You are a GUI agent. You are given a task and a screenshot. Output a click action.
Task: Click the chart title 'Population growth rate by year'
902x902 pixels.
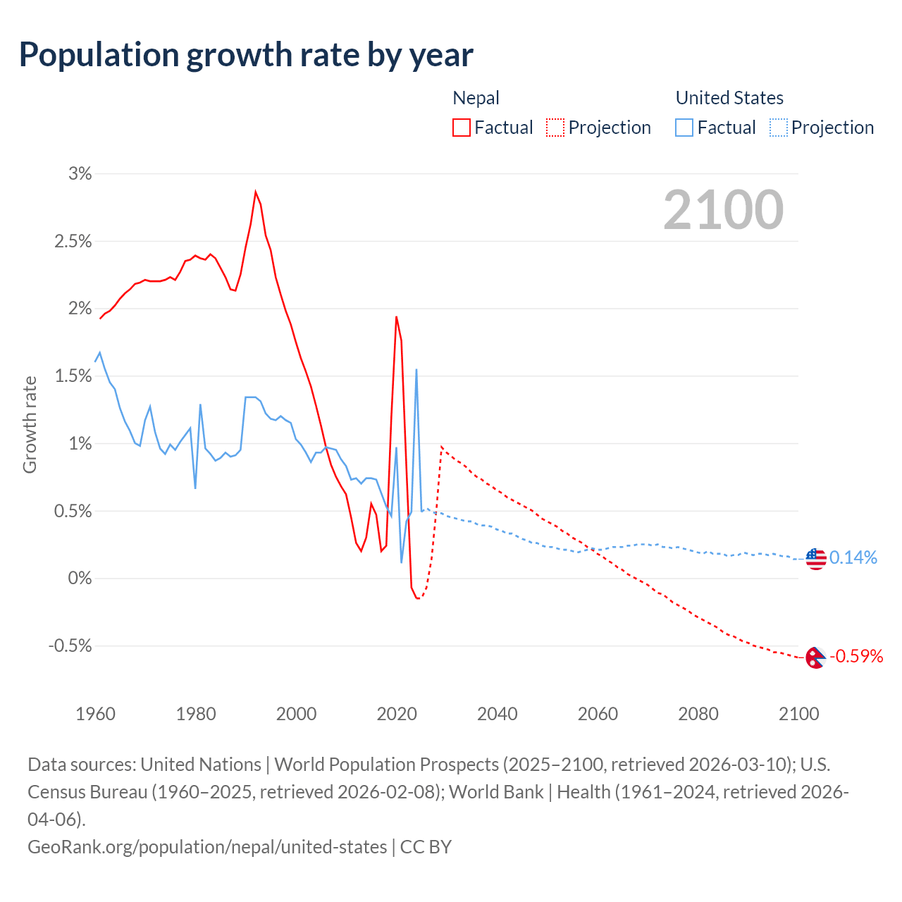[x=246, y=55]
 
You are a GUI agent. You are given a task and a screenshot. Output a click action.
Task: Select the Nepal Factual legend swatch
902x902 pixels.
[x=462, y=128]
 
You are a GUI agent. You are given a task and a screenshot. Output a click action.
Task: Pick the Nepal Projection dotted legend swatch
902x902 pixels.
[x=555, y=128]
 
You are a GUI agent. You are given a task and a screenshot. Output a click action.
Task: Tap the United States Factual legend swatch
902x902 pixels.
[x=684, y=128]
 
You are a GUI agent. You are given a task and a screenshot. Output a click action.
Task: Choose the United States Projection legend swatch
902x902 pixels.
[x=779, y=128]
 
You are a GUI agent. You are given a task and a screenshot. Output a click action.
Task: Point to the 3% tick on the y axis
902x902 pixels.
[x=80, y=173]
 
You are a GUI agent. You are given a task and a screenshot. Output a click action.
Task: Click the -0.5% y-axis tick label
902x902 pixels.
[x=70, y=646]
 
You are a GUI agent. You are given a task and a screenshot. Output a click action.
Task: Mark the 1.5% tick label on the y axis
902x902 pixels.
[x=73, y=376]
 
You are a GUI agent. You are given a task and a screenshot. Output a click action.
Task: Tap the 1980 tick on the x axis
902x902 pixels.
[x=196, y=714]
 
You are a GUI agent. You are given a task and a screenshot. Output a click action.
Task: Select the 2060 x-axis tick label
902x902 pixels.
[x=598, y=714]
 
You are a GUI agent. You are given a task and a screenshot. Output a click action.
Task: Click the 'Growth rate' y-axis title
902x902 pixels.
[x=30, y=424]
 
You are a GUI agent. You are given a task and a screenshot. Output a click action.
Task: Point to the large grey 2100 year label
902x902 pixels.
[x=723, y=210]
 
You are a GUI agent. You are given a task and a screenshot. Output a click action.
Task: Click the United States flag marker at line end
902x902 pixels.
[x=815, y=559]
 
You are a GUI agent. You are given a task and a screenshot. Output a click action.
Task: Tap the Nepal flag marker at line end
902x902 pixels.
[x=815, y=658]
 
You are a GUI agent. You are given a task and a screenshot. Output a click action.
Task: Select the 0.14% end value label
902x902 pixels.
[x=853, y=558]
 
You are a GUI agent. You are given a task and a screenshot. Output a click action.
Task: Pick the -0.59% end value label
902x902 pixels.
[x=856, y=657]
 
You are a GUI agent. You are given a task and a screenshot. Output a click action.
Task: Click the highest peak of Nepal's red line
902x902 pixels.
[x=256, y=192]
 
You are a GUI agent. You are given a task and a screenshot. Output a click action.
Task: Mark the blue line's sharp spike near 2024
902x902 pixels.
[x=416, y=370]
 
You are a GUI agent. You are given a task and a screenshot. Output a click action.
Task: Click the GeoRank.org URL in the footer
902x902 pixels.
[x=207, y=846]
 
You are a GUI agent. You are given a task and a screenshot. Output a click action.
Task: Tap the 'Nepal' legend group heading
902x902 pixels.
[x=476, y=98]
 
